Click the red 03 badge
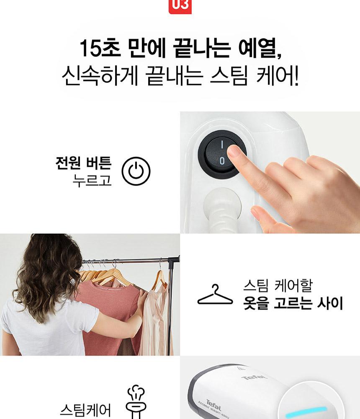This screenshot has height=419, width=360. pyautogui.click(x=180, y=6)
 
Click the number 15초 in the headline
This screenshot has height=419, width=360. pyautogui.click(x=100, y=48)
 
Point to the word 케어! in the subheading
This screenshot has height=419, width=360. pyautogui.click(x=277, y=76)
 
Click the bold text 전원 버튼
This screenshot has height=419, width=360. pyautogui.click(x=83, y=163)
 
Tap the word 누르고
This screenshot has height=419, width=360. pyautogui.click(x=92, y=180)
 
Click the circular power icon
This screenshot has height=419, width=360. pyautogui.click(x=136, y=171)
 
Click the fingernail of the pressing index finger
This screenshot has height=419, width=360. pyautogui.click(x=234, y=150)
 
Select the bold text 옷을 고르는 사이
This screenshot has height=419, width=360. pyautogui.click(x=293, y=303)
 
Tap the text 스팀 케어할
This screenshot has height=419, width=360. pyautogui.click(x=278, y=286)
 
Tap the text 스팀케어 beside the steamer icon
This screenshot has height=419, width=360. pyautogui.click(x=85, y=410)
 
